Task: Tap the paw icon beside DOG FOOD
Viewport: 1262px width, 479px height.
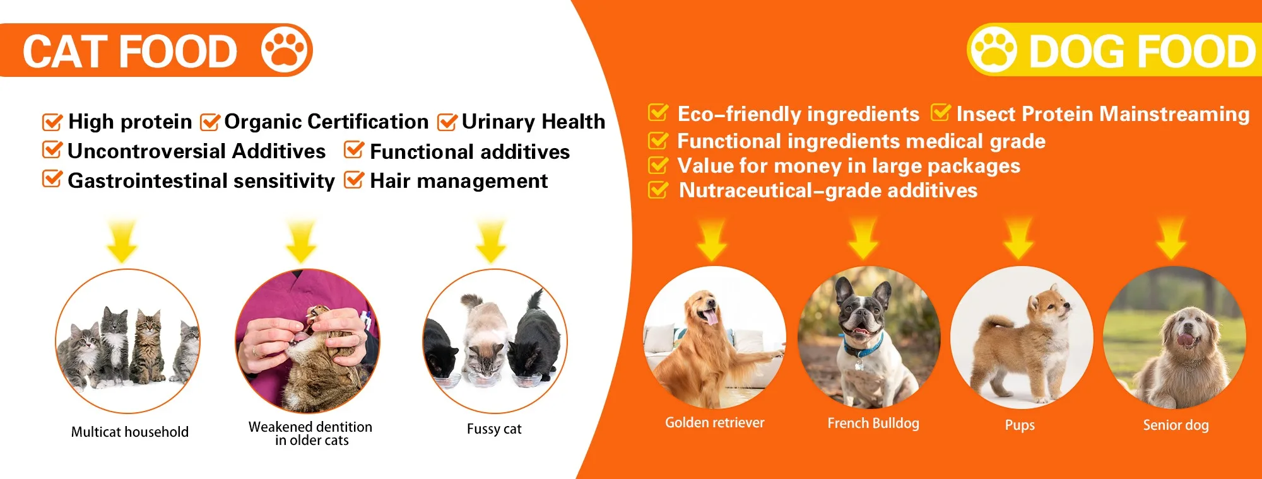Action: pos(994,50)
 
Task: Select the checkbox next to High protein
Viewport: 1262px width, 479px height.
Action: pos(52,121)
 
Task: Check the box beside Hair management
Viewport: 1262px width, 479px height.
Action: pos(354,180)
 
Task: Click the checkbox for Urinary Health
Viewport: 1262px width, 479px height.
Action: pos(447,121)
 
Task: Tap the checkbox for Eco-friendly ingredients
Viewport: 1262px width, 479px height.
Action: pos(658,113)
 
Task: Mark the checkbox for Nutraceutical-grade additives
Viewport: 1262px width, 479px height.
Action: pos(658,190)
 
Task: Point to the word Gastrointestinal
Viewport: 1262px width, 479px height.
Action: pos(148,181)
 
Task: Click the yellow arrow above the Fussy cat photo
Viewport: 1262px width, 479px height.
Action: pos(491,241)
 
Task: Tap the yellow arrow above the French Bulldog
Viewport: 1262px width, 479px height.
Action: pos(864,238)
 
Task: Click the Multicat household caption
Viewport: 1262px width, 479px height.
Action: pos(130,432)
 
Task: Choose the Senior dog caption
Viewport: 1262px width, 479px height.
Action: pos(1176,425)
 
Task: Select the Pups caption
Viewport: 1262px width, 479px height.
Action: pos(1020,425)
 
